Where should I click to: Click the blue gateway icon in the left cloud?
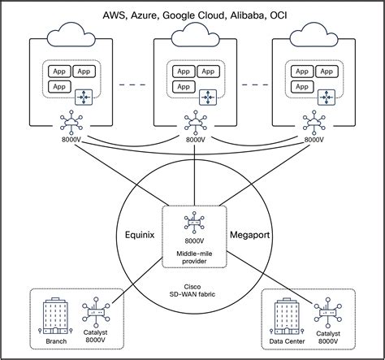click(84, 98)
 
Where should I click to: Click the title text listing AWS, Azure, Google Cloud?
click(192, 15)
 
